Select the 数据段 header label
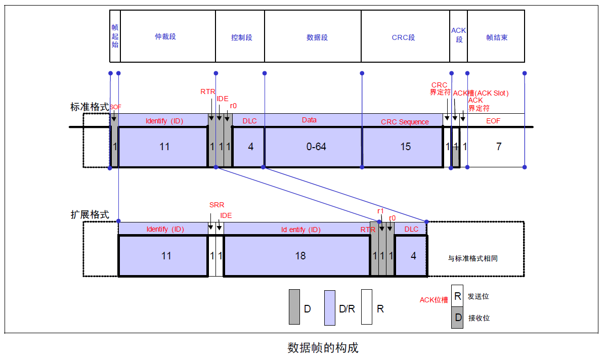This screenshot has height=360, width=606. [317, 37]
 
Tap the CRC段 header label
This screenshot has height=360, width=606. [403, 37]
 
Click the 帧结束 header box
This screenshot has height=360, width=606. [496, 37]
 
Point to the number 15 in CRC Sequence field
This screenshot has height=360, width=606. [405, 147]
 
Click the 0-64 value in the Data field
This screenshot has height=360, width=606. [316, 147]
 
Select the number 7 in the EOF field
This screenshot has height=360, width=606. [498, 147]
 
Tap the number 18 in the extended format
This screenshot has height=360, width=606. [300, 256]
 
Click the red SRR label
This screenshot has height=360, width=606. [217, 205]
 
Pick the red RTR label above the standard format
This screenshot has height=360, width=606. [207, 92]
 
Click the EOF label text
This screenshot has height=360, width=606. [493, 121]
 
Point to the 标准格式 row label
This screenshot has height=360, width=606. [90, 107]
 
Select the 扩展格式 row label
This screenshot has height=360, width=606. [90, 214]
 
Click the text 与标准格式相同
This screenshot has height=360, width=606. [472, 258]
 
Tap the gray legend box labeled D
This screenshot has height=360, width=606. [294, 307]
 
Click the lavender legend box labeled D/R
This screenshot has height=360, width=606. [330, 307]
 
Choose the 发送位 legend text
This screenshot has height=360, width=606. [478, 296]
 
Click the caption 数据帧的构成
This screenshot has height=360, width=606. [323, 348]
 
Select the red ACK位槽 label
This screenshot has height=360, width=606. [434, 300]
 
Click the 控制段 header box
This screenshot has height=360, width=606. [240, 37]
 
